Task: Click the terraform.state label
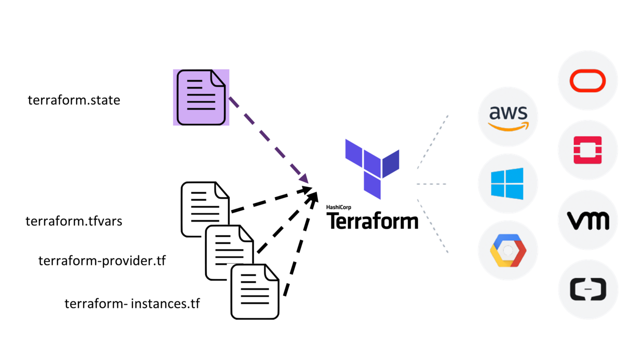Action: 74,100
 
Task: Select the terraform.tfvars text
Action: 74,221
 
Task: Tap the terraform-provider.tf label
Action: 102,261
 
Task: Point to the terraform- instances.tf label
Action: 132,304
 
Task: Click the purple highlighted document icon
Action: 201,97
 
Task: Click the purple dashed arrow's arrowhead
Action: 304,178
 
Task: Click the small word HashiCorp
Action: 338,207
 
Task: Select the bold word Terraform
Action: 372,221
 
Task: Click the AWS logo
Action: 508,117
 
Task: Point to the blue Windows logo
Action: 507,184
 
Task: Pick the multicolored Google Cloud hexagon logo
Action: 508,250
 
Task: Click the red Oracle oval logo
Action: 588,81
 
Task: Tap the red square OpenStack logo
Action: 588,150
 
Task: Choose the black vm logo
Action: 588,220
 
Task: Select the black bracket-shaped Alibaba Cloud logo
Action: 588,289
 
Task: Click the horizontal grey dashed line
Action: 431,184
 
